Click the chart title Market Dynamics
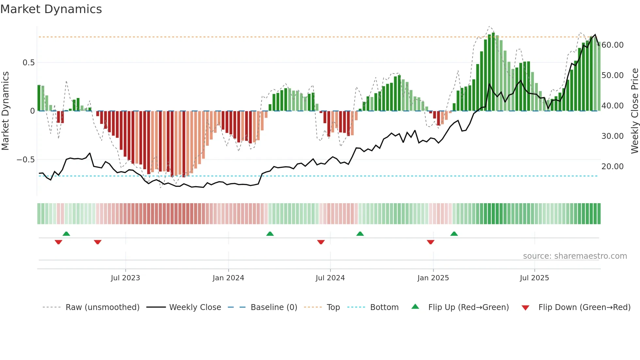coord(51,9)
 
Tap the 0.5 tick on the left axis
coord(28,63)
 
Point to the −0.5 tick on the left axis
coord(25,160)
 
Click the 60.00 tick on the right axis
coord(612,45)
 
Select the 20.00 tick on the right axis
coord(612,167)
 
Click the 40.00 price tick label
coord(612,106)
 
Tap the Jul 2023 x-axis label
coord(125,278)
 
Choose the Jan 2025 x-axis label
coord(433,278)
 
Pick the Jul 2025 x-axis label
coord(534,278)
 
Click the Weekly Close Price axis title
coord(634,111)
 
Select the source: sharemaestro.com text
coord(575,256)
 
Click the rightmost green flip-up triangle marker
coord(454,234)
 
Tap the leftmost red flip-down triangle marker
coord(58,242)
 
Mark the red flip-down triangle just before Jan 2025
coord(430,242)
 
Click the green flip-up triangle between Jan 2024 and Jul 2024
coord(270,234)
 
